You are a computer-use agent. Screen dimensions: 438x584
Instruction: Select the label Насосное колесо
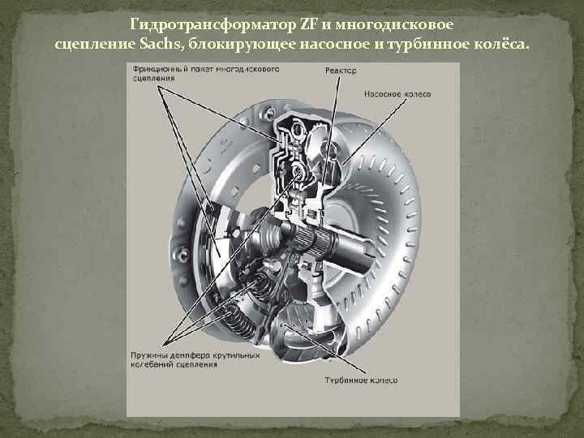pyautogui.click(x=397, y=94)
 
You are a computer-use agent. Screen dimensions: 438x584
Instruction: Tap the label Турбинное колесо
pyautogui.click(x=360, y=380)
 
